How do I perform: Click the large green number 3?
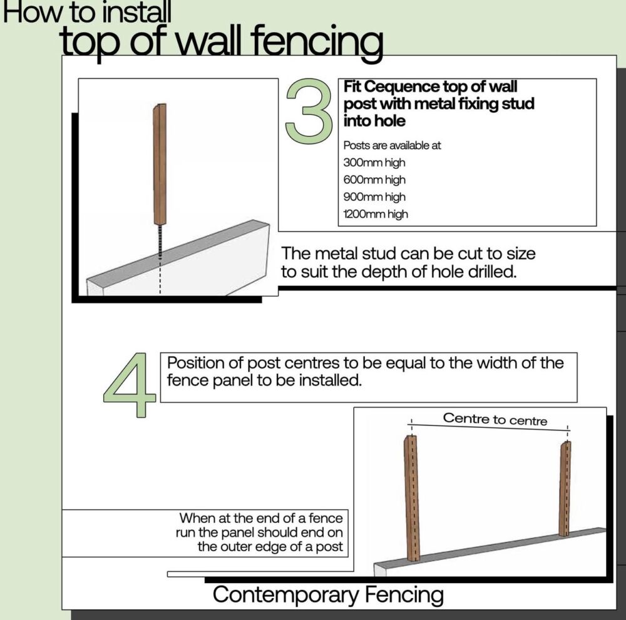pyautogui.click(x=308, y=110)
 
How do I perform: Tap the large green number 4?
pyautogui.click(x=130, y=386)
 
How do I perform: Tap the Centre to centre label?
pyautogui.click(x=495, y=419)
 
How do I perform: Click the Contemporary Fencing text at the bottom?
pyautogui.click(x=328, y=594)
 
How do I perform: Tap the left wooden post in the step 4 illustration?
pyautogui.click(x=411, y=497)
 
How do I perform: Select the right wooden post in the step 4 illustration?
pyautogui.click(x=564, y=488)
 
